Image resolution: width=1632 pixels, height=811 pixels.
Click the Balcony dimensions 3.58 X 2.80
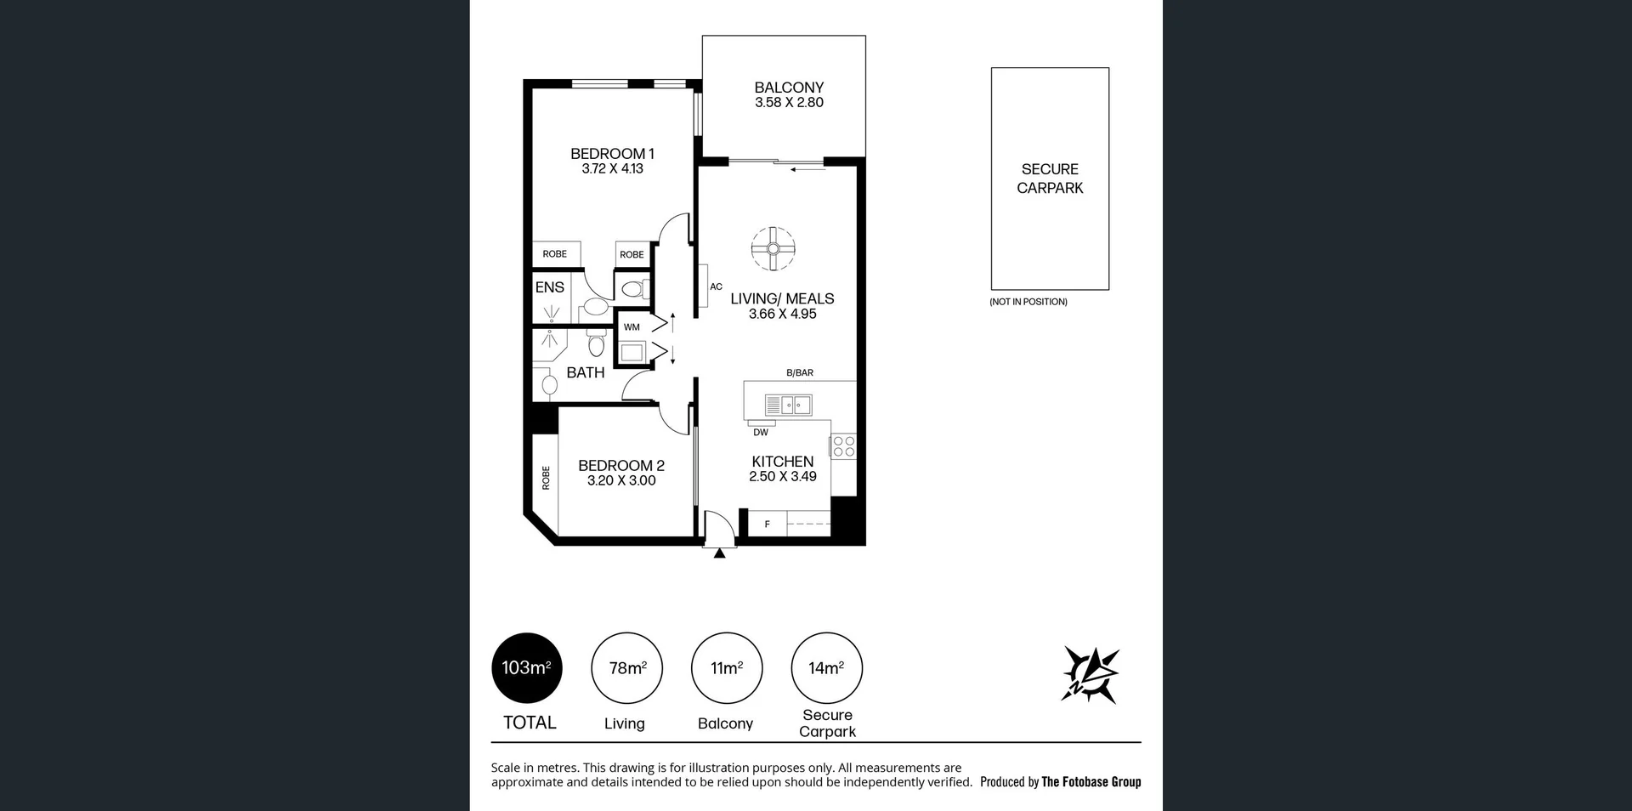pos(789,102)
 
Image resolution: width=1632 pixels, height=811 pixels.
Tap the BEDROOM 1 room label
pos(612,154)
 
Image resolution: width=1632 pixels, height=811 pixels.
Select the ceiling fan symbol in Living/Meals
pos(773,249)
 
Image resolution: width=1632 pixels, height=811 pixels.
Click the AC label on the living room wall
pos(716,286)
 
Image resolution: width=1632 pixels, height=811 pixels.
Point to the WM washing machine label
pos(632,326)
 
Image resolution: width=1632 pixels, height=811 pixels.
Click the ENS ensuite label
pos(549,287)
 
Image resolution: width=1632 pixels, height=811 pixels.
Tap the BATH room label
pos(585,372)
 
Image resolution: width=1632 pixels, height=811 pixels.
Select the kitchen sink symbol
pos(788,405)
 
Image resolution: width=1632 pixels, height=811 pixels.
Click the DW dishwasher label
pos(761,433)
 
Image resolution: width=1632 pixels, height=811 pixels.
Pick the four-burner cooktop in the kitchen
pos(843,445)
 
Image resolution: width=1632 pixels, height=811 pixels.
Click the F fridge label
pos(767,525)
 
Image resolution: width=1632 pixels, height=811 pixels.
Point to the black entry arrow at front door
pos(720,553)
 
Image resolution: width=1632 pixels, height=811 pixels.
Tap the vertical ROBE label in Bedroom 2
pos(546,478)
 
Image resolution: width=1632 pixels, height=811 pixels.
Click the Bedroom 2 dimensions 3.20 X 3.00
pos(621,481)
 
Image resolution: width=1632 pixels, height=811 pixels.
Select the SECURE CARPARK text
pos(1050,179)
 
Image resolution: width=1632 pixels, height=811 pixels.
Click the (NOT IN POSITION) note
pos(1028,302)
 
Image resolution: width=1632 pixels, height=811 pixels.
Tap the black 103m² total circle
pos(527,668)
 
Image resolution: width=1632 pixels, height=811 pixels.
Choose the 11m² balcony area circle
pos(727,668)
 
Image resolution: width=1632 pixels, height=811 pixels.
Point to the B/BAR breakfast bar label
pos(800,372)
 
